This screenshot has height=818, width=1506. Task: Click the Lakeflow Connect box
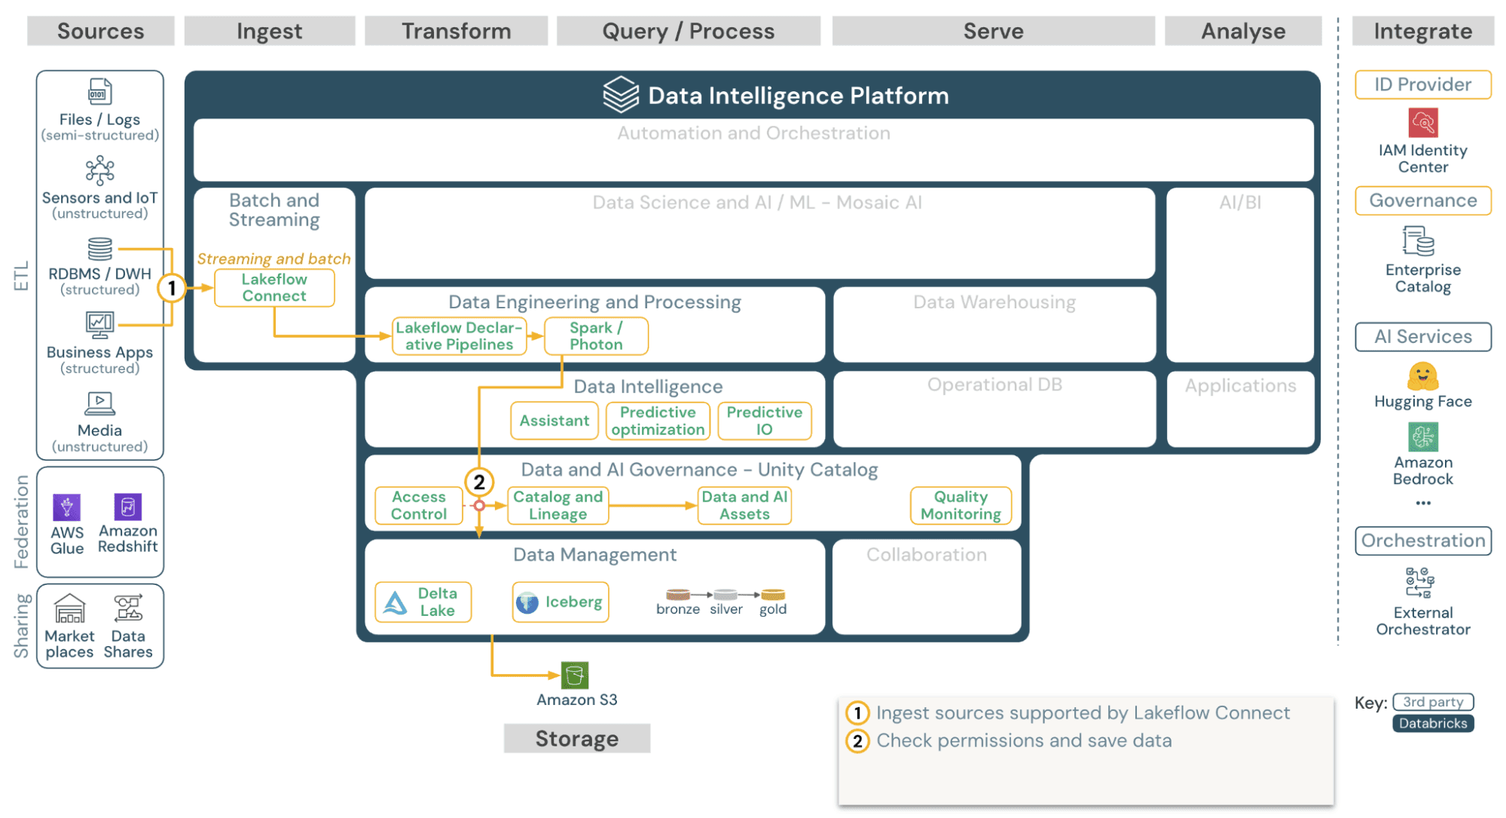coord(274,288)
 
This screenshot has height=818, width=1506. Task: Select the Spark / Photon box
coord(595,336)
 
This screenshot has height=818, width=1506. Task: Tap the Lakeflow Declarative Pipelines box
coord(459,336)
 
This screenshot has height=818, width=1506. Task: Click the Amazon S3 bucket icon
coord(575,675)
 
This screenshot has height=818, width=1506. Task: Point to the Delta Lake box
coord(423,602)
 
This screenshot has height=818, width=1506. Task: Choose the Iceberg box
coord(561,602)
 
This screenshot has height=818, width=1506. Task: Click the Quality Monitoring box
coord(961,505)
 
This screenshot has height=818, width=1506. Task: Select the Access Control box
coord(419,505)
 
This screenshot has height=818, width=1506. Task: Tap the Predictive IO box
coord(764,421)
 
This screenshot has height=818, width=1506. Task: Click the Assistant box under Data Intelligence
coord(554,421)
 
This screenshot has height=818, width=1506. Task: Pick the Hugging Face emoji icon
coord(1422,375)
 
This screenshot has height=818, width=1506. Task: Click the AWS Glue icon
coord(67,507)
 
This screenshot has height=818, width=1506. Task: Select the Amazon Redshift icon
coord(127,507)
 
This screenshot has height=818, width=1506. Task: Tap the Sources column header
coord(101,31)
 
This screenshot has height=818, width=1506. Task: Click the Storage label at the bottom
coord(577,738)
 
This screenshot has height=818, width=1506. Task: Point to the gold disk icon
coord(773,595)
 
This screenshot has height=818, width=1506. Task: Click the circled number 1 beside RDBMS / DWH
coord(172,288)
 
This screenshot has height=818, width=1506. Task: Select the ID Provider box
coord(1422,84)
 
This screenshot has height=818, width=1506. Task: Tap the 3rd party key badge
coord(1433,702)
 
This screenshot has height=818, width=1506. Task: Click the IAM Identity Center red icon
coord(1422,122)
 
